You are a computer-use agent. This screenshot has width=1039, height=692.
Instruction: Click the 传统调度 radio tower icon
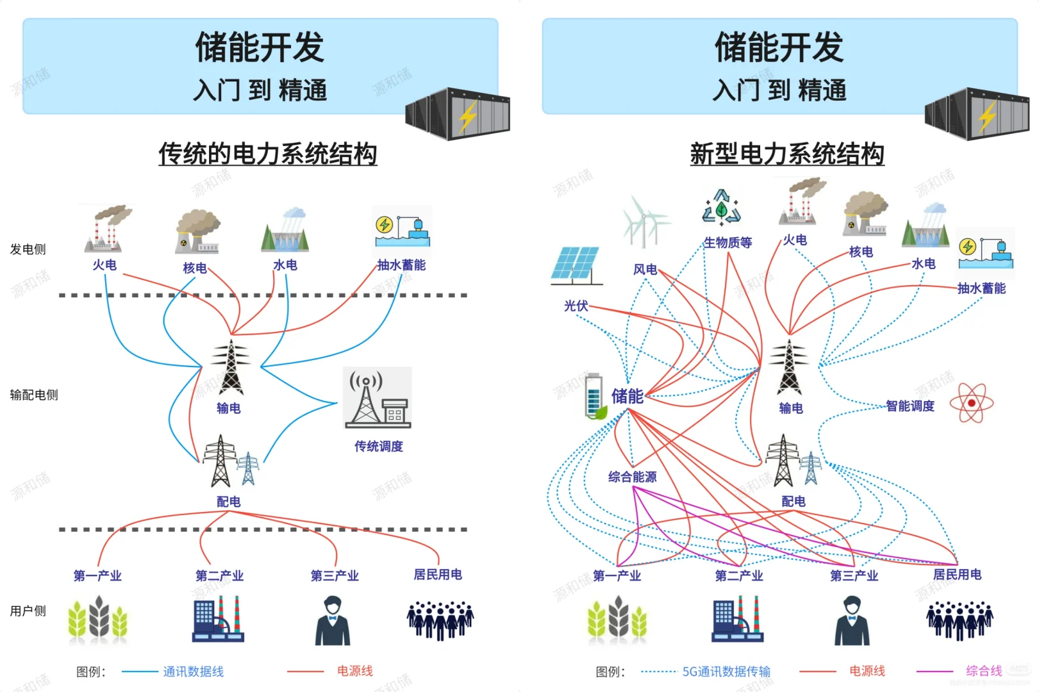pyautogui.click(x=378, y=398)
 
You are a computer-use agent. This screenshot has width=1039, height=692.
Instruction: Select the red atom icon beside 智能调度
pyautogui.click(x=971, y=403)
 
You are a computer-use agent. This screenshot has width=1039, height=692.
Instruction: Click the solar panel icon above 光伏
pyautogui.click(x=576, y=265)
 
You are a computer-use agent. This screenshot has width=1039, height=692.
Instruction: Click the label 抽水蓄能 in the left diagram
pyautogui.click(x=401, y=265)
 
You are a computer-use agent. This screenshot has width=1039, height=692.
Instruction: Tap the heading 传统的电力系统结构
pyautogui.click(x=268, y=154)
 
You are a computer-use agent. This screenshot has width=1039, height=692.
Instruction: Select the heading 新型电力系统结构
pyautogui.click(x=787, y=154)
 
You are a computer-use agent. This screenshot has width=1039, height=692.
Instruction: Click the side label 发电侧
pyautogui.click(x=28, y=249)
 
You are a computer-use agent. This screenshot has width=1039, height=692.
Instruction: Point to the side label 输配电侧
pyautogui.click(x=34, y=395)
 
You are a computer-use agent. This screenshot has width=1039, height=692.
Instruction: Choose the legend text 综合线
pyautogui.click(x=983, y=671)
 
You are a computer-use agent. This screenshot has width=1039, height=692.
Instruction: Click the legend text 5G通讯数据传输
pyautogui.click(x=726, y=671)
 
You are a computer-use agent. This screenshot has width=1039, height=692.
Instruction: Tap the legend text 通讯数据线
pyautogui.click(x=193, y=671)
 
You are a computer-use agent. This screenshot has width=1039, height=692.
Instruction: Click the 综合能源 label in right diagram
pyautogui.click(x=632, y=477)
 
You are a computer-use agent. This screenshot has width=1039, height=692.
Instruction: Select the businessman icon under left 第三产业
pyautogui.click(x=333, y=620)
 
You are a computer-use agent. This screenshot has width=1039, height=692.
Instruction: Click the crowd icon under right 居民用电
pyautogui.click(x=960, y=620)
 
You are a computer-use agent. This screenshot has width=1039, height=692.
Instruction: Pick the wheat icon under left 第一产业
pyautogui.click(x=98, y=619)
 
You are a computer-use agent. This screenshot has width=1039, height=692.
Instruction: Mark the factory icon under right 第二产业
pyautogui.click(x=737, y=619)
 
